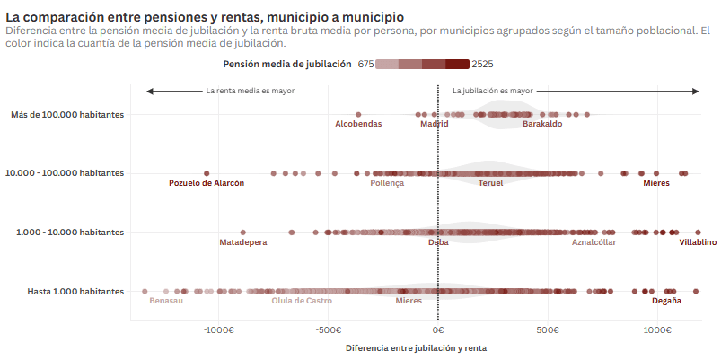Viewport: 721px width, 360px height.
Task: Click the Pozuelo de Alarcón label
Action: tap(207, 183)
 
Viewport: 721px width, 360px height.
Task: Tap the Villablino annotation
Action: tap(697, 242)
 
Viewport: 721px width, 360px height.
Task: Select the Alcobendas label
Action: tap(358, 124)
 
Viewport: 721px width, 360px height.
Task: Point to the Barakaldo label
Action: tap(542, 124)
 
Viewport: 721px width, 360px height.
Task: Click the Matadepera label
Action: tap(243, 242)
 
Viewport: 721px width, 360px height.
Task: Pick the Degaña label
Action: tap(666, 301)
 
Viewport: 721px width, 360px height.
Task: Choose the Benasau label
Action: tap(166, 301)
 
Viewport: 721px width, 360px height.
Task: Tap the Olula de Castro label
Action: tap(302, 301)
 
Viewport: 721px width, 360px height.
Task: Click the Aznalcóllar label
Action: tap(594, 242)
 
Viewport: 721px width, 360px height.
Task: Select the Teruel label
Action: tap(490, 183)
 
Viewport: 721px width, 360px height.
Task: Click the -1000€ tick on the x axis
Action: tap(218, 329)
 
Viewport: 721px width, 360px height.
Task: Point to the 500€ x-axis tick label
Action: tap(548, 329)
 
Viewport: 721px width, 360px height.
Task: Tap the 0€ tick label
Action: tap(438, 329)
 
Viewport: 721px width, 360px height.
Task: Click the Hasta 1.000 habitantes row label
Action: tap(75, 291)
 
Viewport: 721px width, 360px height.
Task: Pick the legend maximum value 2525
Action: tap(482, 64)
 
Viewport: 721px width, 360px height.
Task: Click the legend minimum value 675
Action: tap(365, 64)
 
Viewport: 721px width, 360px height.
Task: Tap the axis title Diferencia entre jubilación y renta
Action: tap(416, 347)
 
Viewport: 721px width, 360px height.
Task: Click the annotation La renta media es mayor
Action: tap(250, 91)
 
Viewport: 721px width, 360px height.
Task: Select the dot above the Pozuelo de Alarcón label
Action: tap(207, 173)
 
